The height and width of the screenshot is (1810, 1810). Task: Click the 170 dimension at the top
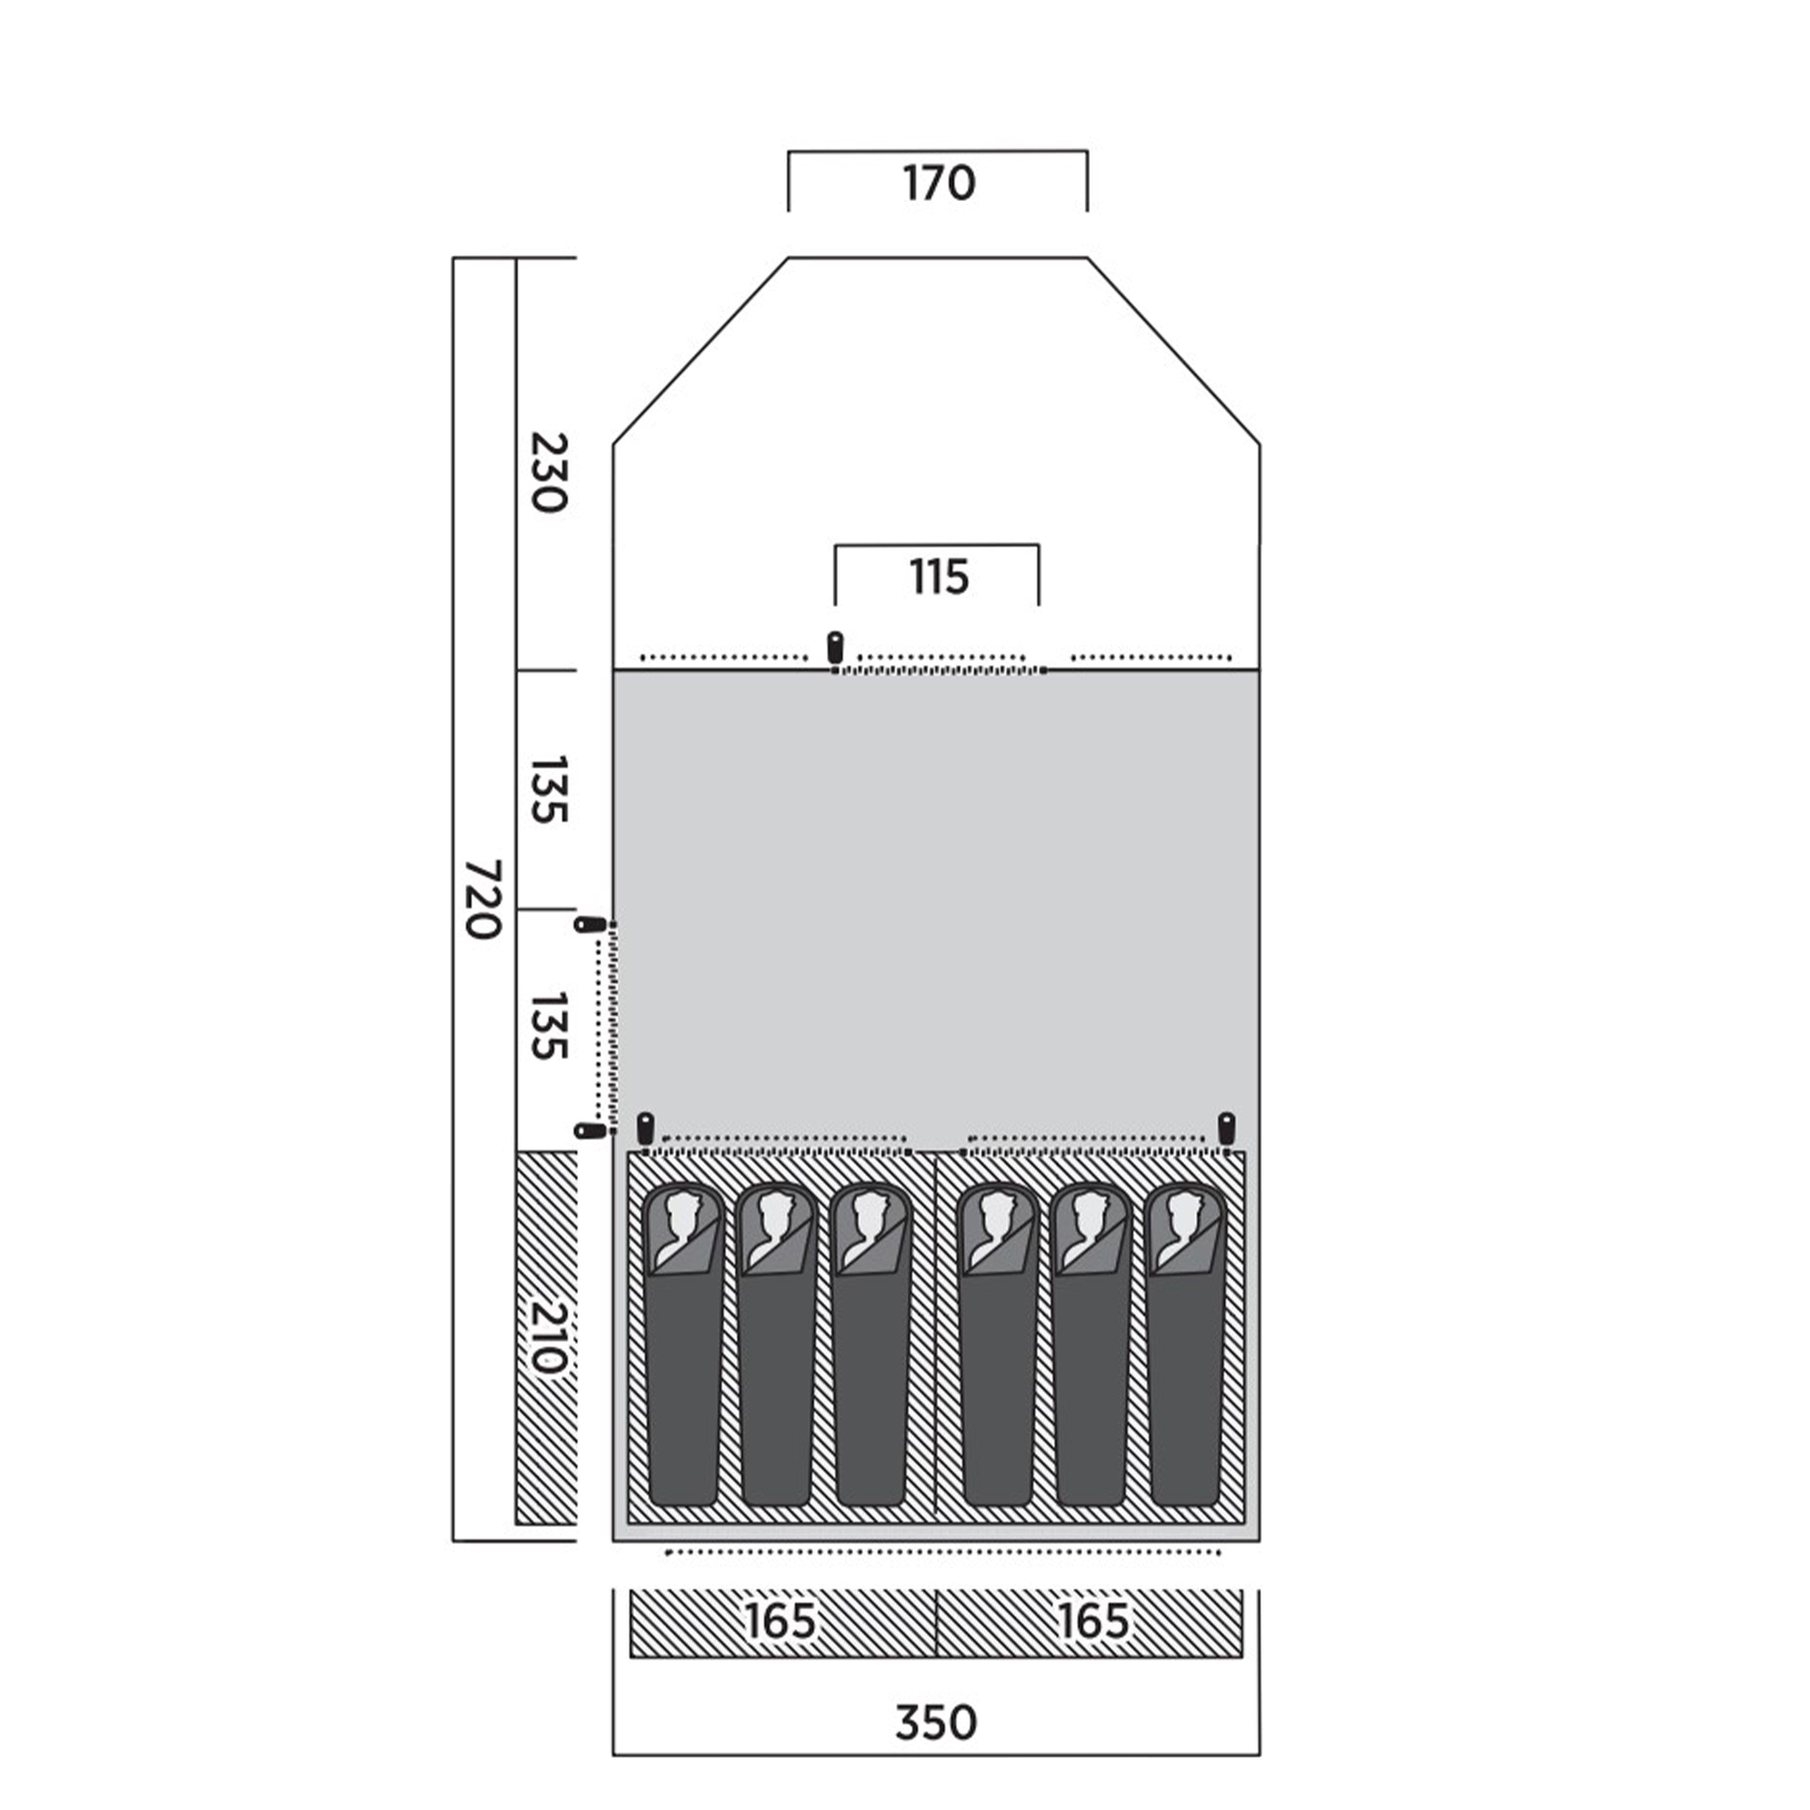click(939, 184)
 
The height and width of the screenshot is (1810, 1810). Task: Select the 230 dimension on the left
click(548, 472)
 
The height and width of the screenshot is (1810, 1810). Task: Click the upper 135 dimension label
click(548, 790)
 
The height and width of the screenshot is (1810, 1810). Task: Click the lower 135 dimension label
click(548, 1027)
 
